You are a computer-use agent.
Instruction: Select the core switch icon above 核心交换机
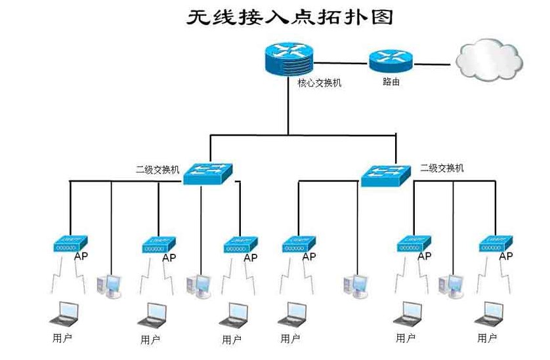(287, 58)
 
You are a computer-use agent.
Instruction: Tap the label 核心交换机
(319, 84)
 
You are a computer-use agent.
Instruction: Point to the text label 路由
(391, 83)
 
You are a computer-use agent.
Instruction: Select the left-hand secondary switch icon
(208, 173)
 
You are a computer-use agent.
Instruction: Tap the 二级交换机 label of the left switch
(158, 170)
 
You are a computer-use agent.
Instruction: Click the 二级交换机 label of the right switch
(442, 168)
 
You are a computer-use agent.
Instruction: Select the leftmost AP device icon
(70, 245)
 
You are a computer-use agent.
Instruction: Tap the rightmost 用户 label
(487, 338)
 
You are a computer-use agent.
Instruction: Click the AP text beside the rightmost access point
(505, 256)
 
